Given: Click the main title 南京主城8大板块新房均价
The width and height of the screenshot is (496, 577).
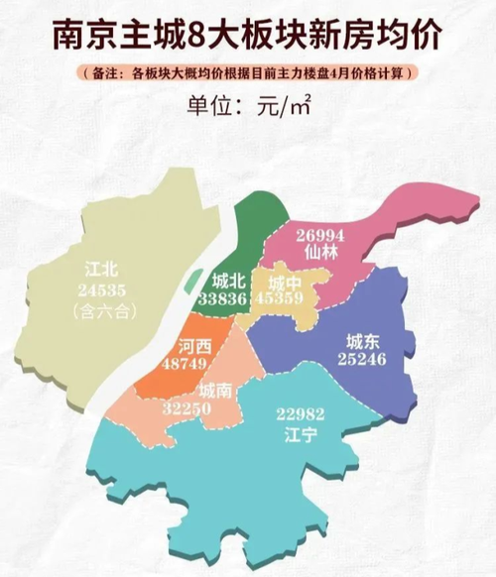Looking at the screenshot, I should click(x=247, y=35).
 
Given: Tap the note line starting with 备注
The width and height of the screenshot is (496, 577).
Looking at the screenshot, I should click(x=247, y=73).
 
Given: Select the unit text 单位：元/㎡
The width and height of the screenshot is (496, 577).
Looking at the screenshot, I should click(x=247, y=104).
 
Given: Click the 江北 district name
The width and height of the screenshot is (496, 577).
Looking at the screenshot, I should click(x=102, y=269).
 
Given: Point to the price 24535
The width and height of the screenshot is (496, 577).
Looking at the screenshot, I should click(x=102, y=289).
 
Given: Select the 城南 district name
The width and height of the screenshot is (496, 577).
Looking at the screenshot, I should click(x=217, y=391).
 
